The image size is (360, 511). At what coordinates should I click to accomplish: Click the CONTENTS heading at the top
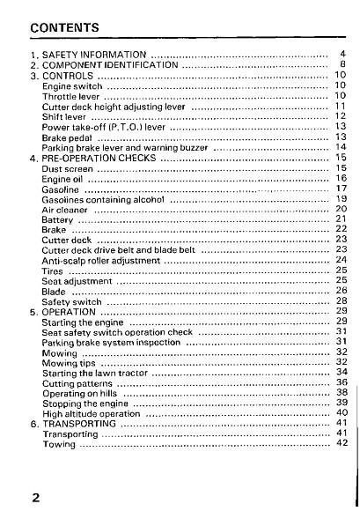coord(63,28)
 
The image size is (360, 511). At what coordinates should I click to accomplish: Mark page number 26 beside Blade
coord(342,291)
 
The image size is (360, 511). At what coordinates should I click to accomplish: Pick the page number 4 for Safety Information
coord(343,55)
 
